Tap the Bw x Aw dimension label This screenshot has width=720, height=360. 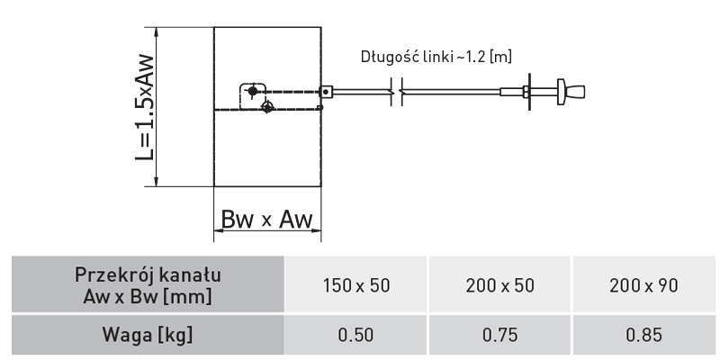tap(267, 220)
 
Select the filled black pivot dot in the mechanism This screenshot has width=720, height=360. tap(254, 91)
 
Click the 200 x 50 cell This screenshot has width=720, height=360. tap(500, 285)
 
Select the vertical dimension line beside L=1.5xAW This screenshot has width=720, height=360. tap(158, 106)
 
